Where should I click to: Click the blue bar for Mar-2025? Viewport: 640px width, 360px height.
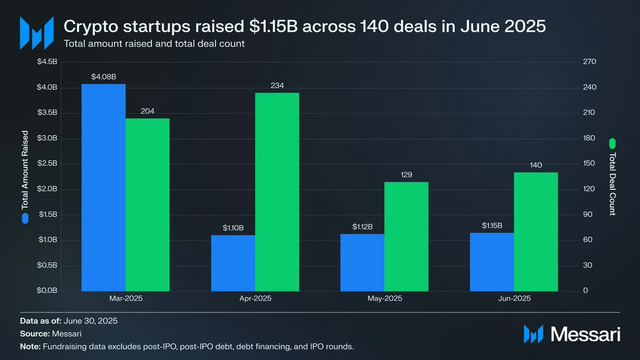pyautogui.click(x=103, y=187)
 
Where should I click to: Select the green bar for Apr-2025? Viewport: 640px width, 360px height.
pyautogui.click(x=277, y=191)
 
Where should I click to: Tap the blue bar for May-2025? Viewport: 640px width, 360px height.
pyautogui.click(x=362, y=262)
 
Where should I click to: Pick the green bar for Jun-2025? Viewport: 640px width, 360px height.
pyautogui.click(x=535, y=231)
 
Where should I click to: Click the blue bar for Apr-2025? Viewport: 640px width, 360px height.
pyautogui.click(x=233, y=262)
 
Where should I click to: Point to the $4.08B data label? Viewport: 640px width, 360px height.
pyautogui.click(x=103, y=77)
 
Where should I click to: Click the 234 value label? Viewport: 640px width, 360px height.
pyautogui.click(x=277, y=85)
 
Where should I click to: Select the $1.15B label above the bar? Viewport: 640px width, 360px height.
pyautogui.click(x=492, y=226)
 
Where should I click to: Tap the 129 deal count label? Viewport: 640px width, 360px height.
pyautogui.click(x=406, y=175)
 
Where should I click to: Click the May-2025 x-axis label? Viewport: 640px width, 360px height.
pyautogui.click(x=385, y=299)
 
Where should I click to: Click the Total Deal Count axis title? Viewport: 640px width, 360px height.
pyautogui.click(x=612, y=184)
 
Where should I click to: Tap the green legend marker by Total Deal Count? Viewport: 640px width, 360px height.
pyautogui.click(x=612, y=143)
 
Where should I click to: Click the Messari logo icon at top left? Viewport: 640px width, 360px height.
pyautogui.click(x=36, y=33)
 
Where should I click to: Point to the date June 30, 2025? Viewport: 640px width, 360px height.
pyautogui.click(x=90, y=321)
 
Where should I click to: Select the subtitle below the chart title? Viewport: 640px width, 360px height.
pyautogui.click(x=154, y=44)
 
